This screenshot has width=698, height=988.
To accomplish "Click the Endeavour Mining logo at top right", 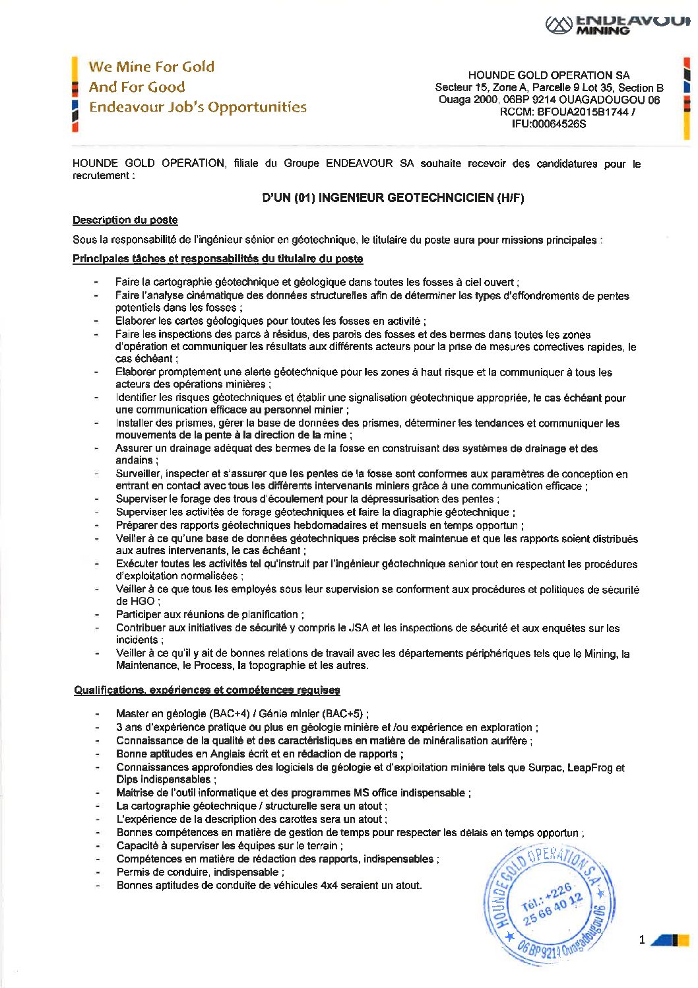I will click(x=617, y=24).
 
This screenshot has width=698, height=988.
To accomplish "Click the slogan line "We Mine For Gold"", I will click(x=152, y=67).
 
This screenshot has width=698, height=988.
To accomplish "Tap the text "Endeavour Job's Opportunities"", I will click(x=198, y=107).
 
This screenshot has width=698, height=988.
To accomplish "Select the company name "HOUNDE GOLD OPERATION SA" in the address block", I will click(x=549, y=75).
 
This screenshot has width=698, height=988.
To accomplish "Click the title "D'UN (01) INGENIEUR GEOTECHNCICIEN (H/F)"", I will click(x=393, y=197).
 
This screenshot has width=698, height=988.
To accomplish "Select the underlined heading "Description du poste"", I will click(x=125, y=220).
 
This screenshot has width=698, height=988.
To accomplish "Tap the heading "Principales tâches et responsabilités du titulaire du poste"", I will click(x=218, y=258).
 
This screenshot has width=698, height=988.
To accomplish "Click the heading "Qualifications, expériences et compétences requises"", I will click(x=207, y=690).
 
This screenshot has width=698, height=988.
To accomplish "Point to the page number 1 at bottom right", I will click(x=642, y=940).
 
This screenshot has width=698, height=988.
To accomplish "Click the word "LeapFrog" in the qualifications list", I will click(x=590, y=767).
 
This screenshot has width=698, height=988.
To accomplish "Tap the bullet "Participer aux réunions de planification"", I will click(x=210, y=614).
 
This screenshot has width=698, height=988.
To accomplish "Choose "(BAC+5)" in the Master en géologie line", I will click(x=344, y=713).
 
